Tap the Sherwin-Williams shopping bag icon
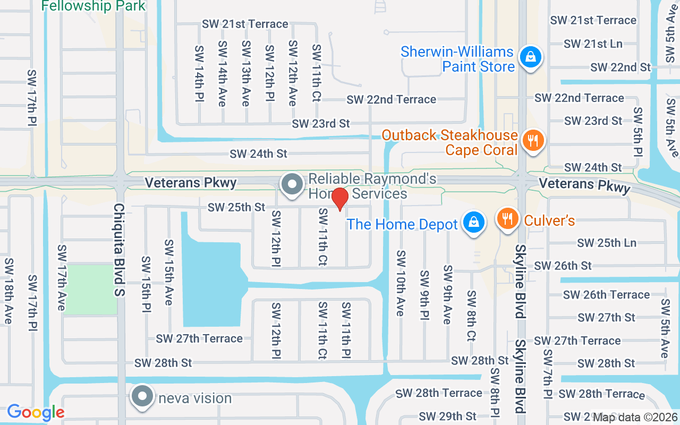tap(530, 56)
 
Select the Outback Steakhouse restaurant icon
tap(531, 141)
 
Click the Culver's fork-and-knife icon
tap(507, 218)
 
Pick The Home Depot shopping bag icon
tap(472, 223)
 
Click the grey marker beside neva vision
tap(142, 397)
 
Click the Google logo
tap(36, 412)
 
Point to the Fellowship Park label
tap(93, 6)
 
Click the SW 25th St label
tap(236, 207)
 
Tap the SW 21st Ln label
tap(593, 44)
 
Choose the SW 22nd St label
tap(620, 67)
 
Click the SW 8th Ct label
tap(471, 315)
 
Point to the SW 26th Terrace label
tap(606, 294)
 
